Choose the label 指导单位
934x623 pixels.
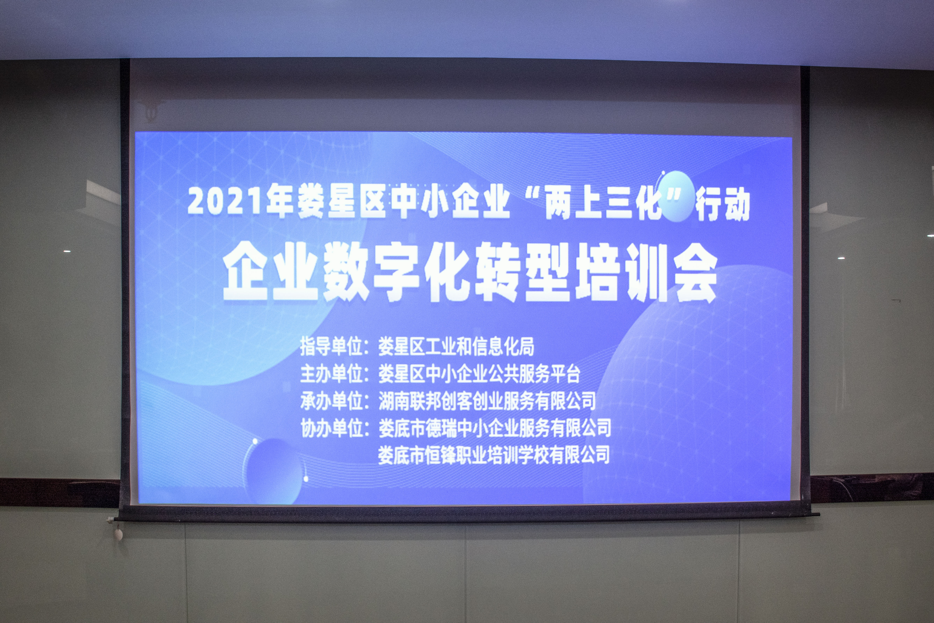click(332, 346)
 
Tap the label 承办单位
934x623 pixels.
click(332, 401)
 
